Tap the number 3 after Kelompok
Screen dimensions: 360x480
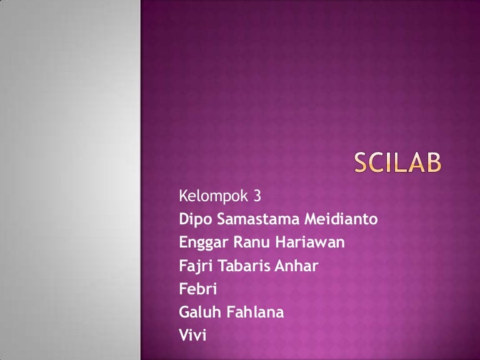pyautogui.click(x=256, y=197)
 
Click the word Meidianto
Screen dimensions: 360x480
pyautogui.click(x=342, y=220)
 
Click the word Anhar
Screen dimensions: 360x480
pyautogui.click(x=296, y=266)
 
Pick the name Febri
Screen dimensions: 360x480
pyautogui.click(x=196, y=289)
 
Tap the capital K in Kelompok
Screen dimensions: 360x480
pyautogui.click(x=183, y=197)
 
